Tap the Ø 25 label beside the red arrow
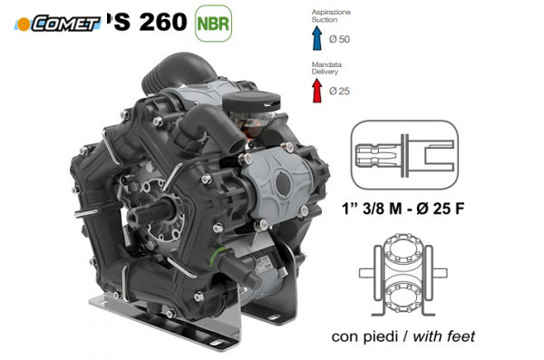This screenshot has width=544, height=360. tap(340, 92)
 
